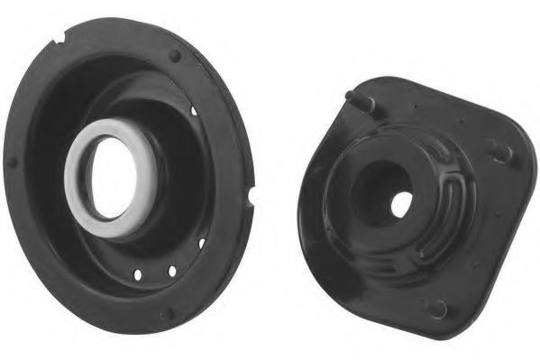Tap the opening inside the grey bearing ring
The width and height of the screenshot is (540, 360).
point(110,180)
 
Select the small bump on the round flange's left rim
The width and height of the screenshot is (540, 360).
point(12,163)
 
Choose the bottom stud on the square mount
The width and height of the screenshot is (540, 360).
point(437,309)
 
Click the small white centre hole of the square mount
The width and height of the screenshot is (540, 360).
point(402,202)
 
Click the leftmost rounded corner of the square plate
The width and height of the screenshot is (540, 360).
point(307,194)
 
